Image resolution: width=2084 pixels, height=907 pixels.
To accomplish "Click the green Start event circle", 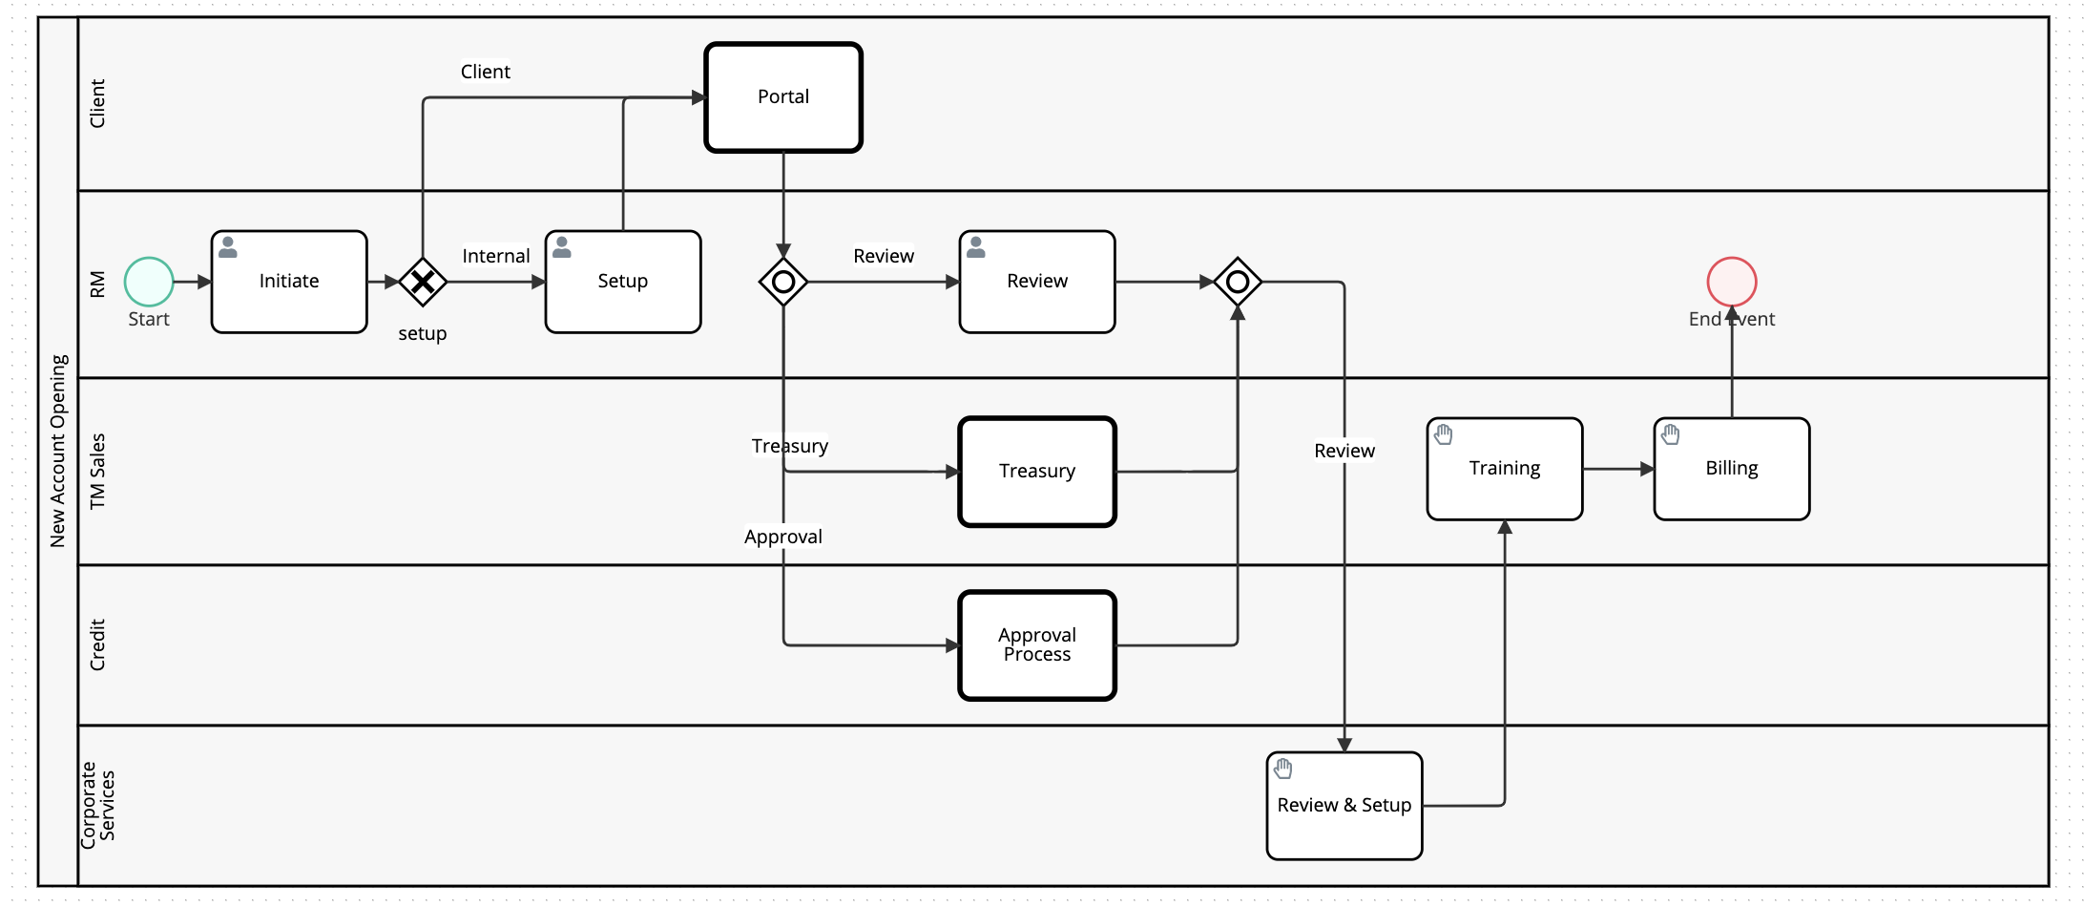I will pyautogui.click(x=149, y=282).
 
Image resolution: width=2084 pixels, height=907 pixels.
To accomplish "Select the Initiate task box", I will pyautogui.click(x=289, y=282).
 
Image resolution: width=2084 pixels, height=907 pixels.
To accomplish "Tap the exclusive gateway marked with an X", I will pyautogui.click(x=423, y=282).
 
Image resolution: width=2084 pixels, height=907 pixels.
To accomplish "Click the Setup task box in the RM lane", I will pyautogui.click(x=623, y=282).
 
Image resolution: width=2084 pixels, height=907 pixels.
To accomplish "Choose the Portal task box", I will pyautogui.click(x=783, y=97).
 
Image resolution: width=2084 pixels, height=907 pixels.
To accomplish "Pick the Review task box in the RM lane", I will pyautogui.click(x=1037, y=282).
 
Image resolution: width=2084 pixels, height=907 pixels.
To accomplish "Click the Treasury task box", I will pyautogui.click(x=1037, y=472).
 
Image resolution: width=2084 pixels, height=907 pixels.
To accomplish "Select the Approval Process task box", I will pyautogui.click(x=1037, y=645).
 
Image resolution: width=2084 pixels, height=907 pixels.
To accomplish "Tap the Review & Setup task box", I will pyautogui.click(x=1344, y=806).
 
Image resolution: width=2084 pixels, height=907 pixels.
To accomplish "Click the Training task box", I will pyautogui.click(x=1505, y=469).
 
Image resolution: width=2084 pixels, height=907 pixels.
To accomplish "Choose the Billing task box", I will pyautogui.click(x=1732, y=469).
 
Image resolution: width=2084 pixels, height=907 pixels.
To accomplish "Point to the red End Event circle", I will pyautogui.click(x=1732, y=282).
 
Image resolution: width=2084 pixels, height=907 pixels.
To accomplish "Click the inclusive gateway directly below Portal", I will pyautogui.click(x=783, y=282).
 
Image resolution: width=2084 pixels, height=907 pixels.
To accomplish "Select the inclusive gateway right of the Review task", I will pyautogui.click(x=1238, y=282).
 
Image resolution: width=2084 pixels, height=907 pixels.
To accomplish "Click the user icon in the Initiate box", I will pyautogui.click(x=228, y=247).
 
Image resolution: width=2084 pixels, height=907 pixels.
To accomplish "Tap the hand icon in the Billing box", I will pyautogui.click(x=1671, y=434).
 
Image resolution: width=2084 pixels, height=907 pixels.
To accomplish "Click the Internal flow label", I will pyautogui.click(x=495, y=256).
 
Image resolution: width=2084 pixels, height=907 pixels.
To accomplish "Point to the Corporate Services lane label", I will pyautogui.click(x=97, y=802).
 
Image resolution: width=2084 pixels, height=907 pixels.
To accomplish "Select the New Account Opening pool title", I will pyautogui.click(x=58, y=451).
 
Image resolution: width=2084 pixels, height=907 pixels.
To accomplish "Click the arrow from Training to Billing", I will pyautogui.click(x=1618, y=469).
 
